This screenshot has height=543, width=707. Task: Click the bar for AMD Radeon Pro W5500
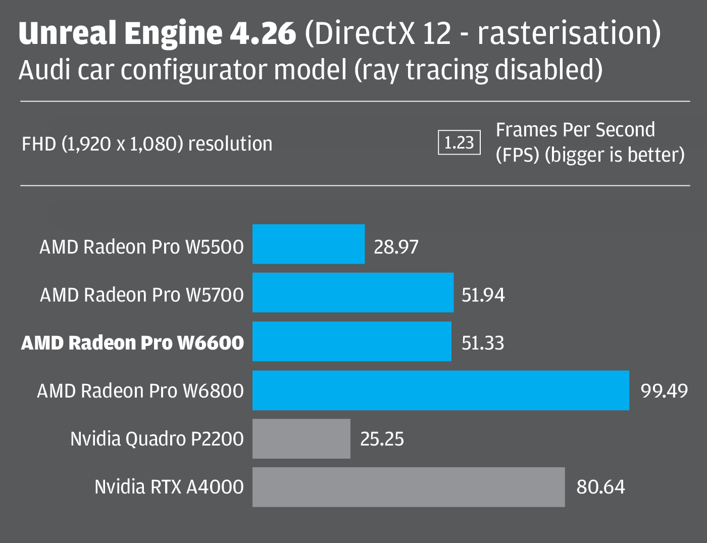tap(308, 244)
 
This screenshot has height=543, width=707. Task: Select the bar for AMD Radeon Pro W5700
tap(352, 292)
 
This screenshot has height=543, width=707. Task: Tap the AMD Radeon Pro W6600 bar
tap(351, 341)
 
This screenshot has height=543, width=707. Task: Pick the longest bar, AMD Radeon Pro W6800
tap(440, 390)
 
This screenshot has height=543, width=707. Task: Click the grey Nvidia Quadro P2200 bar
tap(301, 438)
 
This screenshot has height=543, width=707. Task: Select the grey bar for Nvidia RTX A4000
tap(408, 487)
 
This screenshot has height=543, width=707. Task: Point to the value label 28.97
tap(396, 247)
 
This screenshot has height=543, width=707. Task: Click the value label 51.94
tap(483, 295)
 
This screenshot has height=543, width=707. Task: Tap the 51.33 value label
tap(483, 343)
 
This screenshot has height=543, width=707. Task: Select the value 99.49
tap(664, 391)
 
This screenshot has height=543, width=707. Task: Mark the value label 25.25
tap(382, 439)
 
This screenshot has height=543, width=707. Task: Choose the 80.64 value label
tap(600, 487)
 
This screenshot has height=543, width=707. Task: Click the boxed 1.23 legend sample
tap(459, 143)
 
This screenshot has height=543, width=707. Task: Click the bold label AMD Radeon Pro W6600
tap(132, 343)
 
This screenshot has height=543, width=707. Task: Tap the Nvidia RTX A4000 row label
tap(169, 487)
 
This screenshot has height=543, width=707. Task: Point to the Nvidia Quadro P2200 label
tap(157, 439)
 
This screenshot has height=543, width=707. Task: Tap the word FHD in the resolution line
tap(39, 144)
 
